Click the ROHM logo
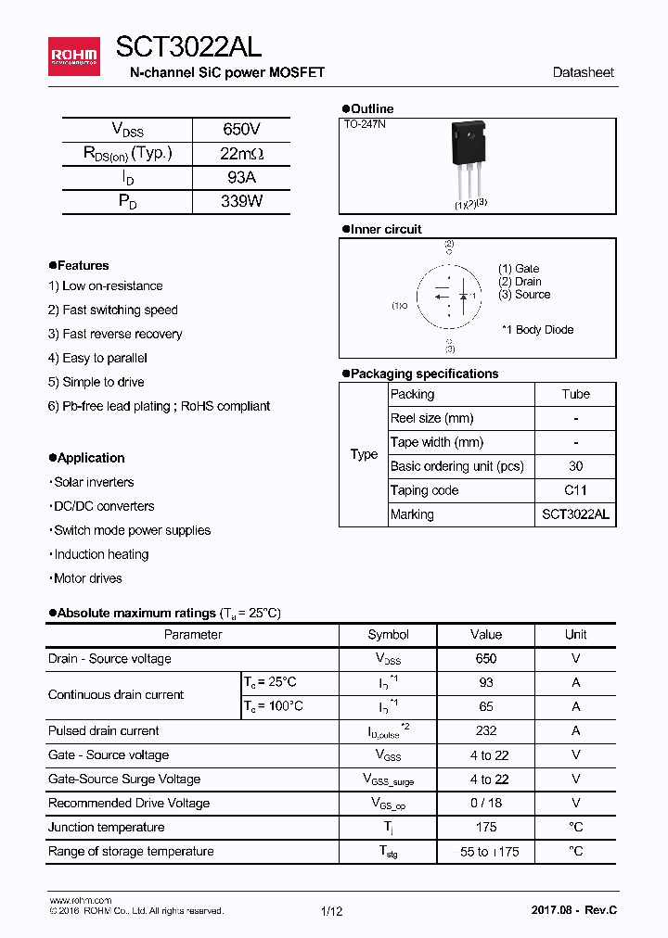tap(73, 56)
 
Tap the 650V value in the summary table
tap(241, 130)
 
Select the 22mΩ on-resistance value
tap(241, 154)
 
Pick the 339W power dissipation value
tap(241, 201)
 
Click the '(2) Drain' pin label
tap(520, 282)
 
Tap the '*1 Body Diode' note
tap(537, 330)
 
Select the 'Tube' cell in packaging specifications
tap(575, 394)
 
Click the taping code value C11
tap(575, 490)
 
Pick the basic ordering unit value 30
tap(575, 466)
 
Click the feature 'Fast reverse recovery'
tap(115, 334)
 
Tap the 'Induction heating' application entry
tap(100, 554)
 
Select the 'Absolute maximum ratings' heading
tap(135, 614)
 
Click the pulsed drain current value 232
tap(485, 731)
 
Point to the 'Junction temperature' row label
tap(106, 827)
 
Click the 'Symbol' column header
tap(388, 635)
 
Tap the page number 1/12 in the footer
tap(331, 911)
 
